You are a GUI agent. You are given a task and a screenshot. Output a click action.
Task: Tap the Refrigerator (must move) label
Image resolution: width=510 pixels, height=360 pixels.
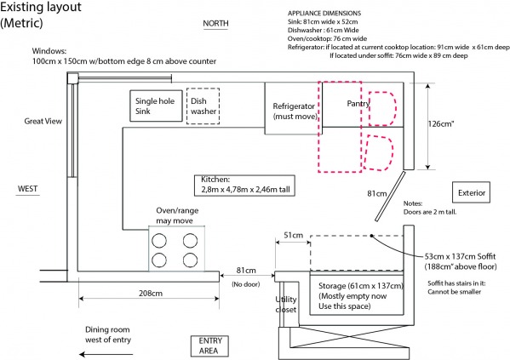coord(295,111)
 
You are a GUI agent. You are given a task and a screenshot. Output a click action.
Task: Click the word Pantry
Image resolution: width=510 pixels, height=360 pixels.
coord(358,104)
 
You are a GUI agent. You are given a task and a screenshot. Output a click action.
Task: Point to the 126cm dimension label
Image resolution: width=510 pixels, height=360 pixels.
coord(441,124)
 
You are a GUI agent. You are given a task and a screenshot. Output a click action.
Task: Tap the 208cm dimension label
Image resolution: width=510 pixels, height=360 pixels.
coord(151,294)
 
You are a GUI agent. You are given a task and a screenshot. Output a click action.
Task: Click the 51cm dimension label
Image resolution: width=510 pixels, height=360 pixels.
coord(294,235)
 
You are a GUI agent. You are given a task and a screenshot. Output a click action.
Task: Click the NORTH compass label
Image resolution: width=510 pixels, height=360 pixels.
coord(215,24)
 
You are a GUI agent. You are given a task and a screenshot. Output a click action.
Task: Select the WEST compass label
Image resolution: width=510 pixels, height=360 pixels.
coord(27,189)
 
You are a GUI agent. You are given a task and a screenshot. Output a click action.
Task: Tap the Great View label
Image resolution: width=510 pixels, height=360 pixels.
coord(43,121)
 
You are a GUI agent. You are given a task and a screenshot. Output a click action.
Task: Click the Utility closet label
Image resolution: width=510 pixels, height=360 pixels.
coord(286,305)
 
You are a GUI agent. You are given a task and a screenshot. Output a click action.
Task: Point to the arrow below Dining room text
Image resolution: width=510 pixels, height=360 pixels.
coord(106,354)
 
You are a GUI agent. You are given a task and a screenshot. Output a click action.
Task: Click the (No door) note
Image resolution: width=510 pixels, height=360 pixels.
coord(246,284)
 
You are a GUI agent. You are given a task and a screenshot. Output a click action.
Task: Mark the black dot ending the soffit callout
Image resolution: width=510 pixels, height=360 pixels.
coord(371,236)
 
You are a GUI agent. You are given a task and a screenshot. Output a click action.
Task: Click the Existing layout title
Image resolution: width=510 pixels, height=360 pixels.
coord(40,14)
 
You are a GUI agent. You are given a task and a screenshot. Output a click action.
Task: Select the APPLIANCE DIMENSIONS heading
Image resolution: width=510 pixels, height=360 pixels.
coord(324,14)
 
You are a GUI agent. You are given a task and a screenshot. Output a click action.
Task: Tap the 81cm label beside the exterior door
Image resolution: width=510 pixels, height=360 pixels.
coord(377,193)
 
